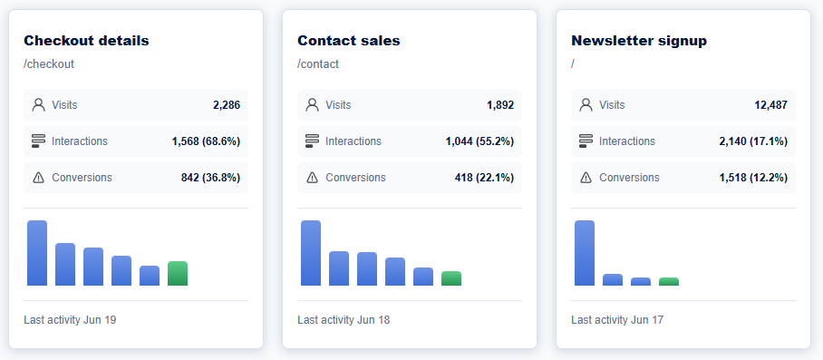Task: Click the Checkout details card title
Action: (87, 41)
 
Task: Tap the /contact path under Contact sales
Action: (318, 64)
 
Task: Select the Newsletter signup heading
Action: (639, 41)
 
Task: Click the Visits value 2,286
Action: (227, 105)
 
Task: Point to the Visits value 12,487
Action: (771, 105)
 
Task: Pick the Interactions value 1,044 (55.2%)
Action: (479, 141)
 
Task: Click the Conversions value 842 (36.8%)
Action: (210, 178)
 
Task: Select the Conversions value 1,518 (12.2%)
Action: (753, 178)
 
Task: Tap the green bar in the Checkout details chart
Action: (178, 274)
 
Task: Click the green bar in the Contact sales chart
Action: (451, 278)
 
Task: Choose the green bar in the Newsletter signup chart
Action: (669, 282)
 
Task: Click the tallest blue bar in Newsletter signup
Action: (585, 253)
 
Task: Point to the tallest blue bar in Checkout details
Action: (37, 253)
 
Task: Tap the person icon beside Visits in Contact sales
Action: (313, 105)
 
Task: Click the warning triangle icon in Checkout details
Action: (38, 178)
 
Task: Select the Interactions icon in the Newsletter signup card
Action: (586, 141)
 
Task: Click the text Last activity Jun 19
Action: (70, 319)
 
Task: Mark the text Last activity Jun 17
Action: (617, 319)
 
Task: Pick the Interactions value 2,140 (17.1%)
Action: (753, 141)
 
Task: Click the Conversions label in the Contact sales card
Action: (355, 178)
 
